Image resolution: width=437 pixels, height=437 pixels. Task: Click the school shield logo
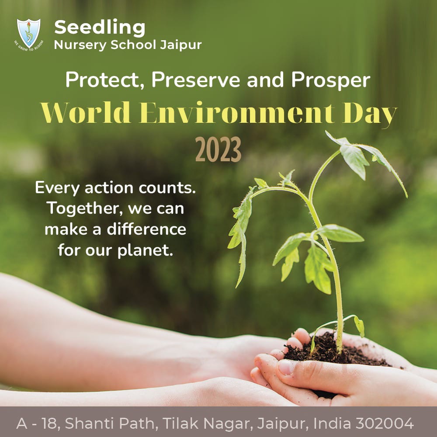(x=28, y=33)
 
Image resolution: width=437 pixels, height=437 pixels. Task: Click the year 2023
(x=218, y=150)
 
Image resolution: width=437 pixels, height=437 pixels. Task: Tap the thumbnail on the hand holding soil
(x=285, y=367)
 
